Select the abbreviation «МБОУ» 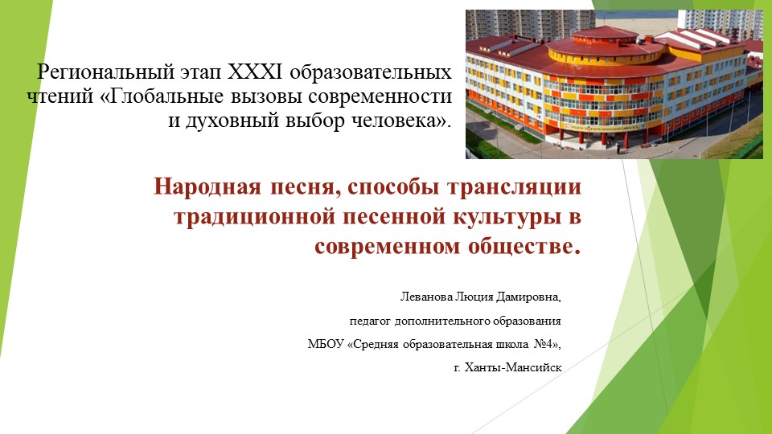(x=325, y=344)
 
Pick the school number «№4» (x=546, y=344)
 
